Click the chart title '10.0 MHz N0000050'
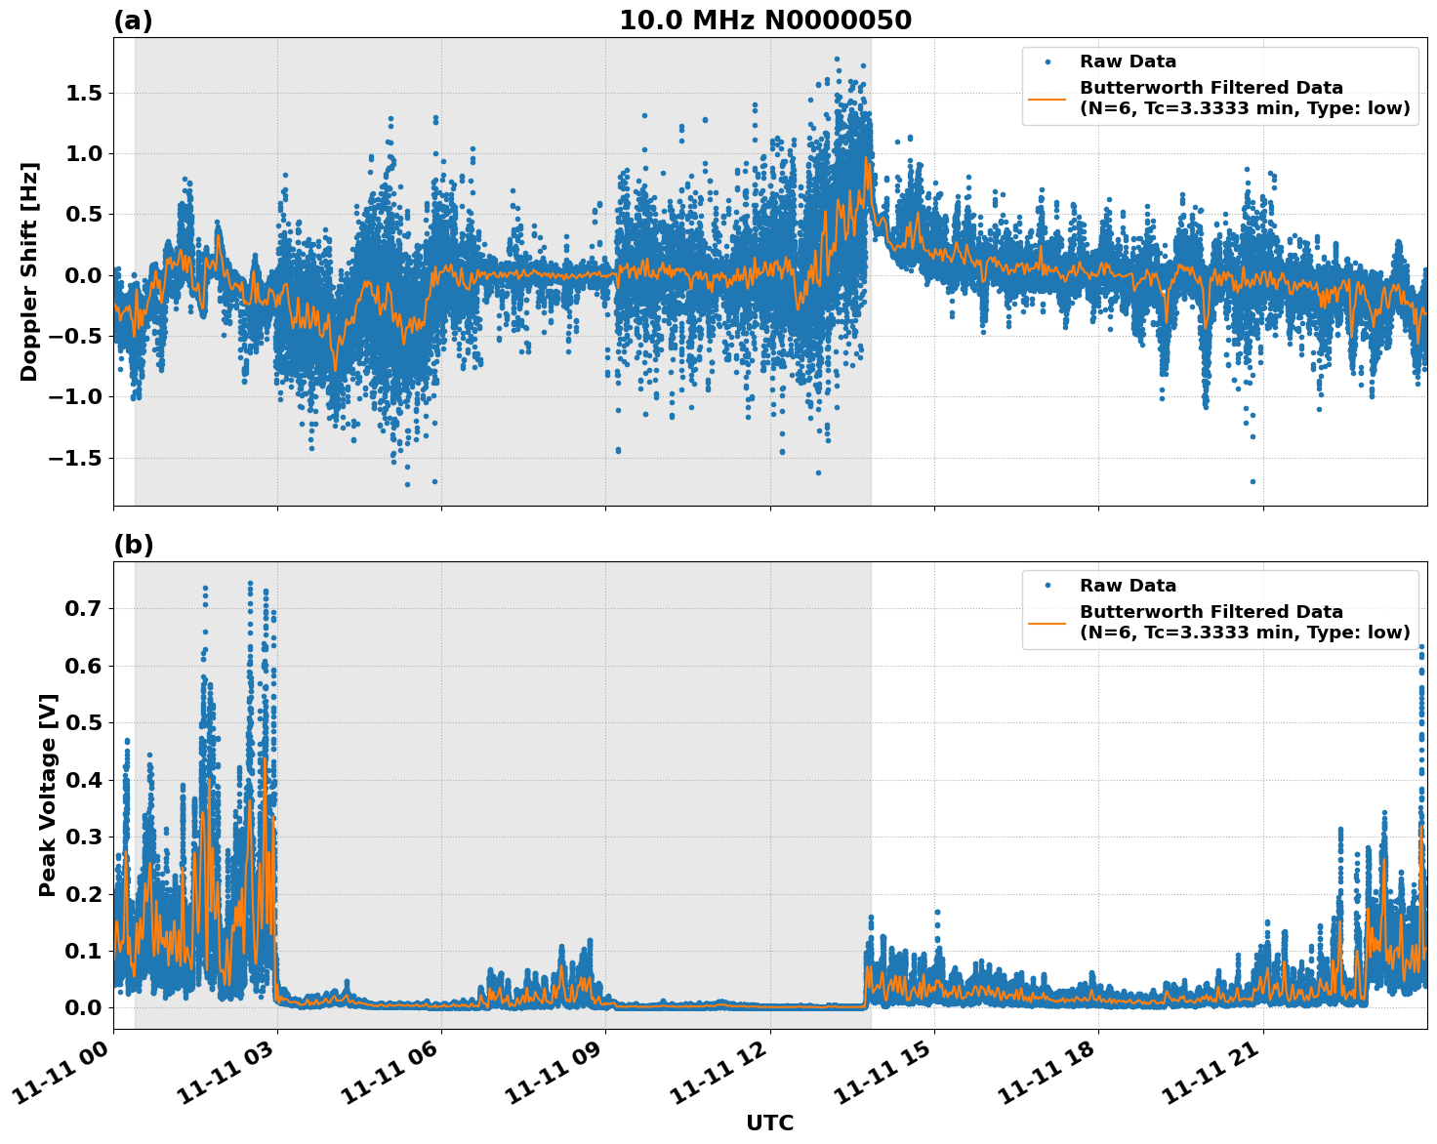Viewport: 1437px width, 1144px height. pos(765,20)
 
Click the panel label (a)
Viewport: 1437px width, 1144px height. pos(133,20)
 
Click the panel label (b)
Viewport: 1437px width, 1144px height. pos(133,545)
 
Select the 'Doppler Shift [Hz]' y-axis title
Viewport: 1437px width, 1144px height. pos(29,271)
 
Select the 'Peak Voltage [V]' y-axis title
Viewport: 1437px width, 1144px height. pos(48,795)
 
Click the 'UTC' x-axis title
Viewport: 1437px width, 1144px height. pos(769,1123)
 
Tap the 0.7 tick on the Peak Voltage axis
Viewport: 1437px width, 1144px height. pos(88,608)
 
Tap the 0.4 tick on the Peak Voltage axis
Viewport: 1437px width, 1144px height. pos(88,780)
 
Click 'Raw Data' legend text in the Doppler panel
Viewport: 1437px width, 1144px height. pos(1128,61)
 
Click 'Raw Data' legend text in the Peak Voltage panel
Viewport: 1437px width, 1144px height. pos(1128,586)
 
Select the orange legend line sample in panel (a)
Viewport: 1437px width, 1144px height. pos(1047,99)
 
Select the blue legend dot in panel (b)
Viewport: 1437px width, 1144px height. pos(1047,586)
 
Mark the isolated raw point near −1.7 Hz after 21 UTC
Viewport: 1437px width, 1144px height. pos(1252,481)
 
